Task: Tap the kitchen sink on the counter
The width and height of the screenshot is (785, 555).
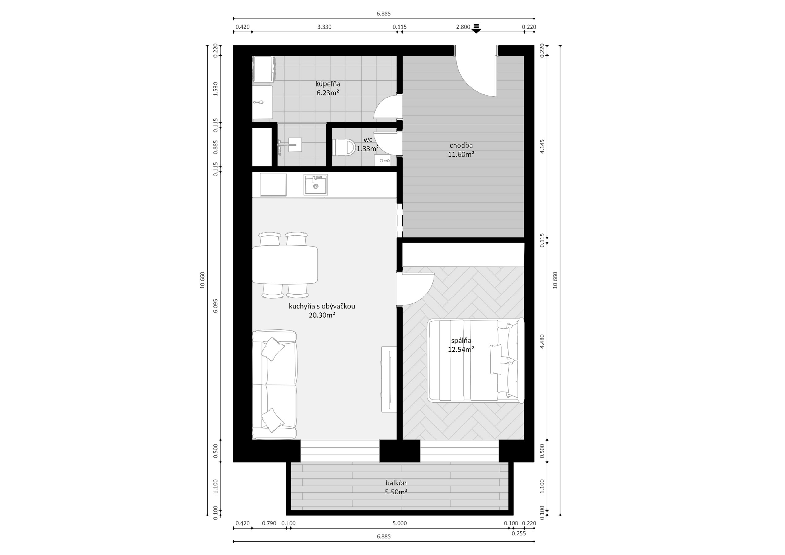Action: [x=316, y=185]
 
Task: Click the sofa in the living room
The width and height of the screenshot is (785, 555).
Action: [x=274, y=385]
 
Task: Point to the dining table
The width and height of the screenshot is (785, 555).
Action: [x=285, y=265]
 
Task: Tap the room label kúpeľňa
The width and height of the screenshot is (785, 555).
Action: [x=327, y=84]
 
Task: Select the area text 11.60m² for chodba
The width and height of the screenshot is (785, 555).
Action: [x=461, y=154]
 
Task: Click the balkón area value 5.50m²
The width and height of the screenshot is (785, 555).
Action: [x=396, y=492]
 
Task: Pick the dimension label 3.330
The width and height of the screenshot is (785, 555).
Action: [x=324, y=27]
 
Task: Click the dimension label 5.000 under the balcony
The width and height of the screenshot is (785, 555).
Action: [x=400, y=523]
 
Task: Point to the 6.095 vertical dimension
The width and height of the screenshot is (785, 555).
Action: [x=215, y=305]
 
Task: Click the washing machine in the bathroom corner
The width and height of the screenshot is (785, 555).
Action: [x=264, y=69]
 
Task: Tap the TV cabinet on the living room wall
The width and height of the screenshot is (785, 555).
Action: [x=389, y=379]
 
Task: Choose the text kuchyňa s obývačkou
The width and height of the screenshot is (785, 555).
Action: [x=322, y=306]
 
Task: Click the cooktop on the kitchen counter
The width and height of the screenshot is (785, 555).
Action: [x=273, y=185]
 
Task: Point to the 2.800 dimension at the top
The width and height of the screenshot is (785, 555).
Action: [x=463, y=27]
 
